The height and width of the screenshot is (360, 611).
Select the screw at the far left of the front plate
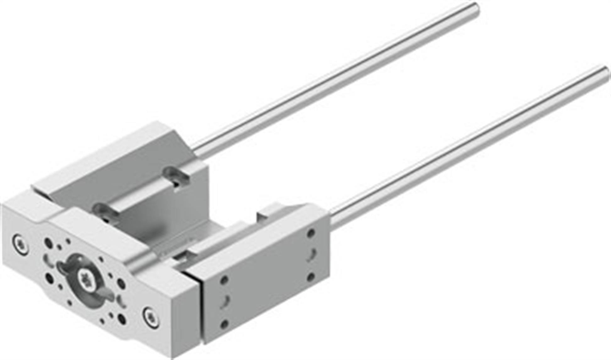pos(20,243)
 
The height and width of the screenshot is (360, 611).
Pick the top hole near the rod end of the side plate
pos(311,233)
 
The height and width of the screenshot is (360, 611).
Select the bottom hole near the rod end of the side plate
pos(311,277)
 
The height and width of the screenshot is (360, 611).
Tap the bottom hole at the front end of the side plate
pos(224,324)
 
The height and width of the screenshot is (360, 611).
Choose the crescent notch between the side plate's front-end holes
pos(225,302)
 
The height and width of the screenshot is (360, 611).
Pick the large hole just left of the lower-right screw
pos(122,319)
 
